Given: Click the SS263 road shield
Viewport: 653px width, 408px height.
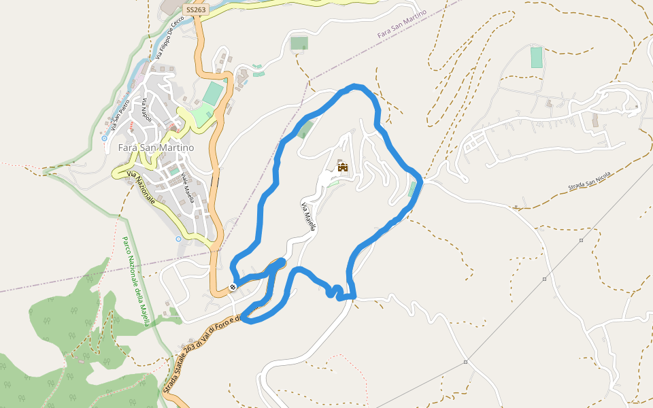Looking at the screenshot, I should pos(195,10).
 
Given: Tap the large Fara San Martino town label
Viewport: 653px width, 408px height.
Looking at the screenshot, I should pos(156,148).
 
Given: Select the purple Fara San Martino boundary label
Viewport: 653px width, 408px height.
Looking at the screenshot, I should pos(401,24).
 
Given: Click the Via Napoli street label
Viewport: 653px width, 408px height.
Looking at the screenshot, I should pos(145,110).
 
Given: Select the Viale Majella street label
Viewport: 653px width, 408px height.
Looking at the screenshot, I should pos(188,188).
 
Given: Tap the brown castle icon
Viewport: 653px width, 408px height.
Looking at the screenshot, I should pos(342,167).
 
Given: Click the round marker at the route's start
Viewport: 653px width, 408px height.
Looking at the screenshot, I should pos(233,287).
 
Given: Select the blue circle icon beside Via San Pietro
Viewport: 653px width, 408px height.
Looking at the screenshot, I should pos(104,138).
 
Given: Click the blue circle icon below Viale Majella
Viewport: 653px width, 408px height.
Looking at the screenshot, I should pos(178,239).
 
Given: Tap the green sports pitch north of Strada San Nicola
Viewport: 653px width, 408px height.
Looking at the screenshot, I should pos(537,57).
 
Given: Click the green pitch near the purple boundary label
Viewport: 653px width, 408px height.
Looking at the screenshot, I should pos(299,44).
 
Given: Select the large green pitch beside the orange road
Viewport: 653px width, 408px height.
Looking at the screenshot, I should pos(213,94).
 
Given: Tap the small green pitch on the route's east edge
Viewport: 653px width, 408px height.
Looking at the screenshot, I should pos(413,189).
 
